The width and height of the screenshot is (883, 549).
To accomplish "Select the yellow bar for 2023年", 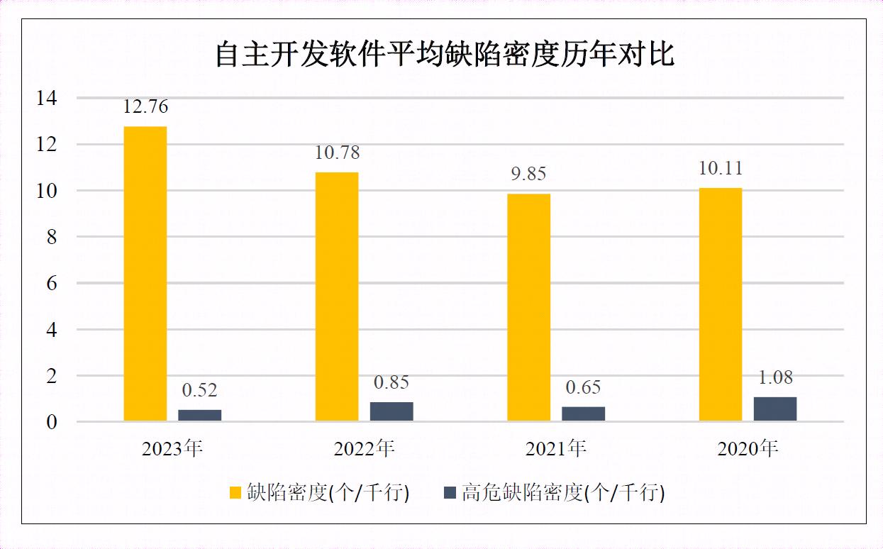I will [145, 274].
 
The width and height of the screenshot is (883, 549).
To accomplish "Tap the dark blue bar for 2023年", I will [199, 415].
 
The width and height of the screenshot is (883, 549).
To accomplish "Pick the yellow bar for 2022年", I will [337, 296].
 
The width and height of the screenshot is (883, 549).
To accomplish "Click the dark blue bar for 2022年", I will [391, 411].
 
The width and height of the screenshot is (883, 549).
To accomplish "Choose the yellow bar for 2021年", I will [529, 307].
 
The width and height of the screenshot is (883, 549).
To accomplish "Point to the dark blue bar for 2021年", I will [583, 414].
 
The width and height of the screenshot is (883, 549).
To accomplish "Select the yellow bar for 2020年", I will [721, 304].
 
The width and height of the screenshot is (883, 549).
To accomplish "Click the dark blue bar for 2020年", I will [775, 409].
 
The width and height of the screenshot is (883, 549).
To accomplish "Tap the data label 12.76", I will [145, 107].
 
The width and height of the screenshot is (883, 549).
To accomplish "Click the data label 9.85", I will [529, 174].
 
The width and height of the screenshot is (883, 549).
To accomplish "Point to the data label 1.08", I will [775, 377].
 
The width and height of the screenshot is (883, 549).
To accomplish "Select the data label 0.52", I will [199, 390].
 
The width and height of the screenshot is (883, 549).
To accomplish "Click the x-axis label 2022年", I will [364, 448].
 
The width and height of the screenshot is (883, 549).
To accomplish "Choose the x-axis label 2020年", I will [748, 448].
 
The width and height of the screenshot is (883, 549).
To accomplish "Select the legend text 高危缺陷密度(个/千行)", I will [563, 492].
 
